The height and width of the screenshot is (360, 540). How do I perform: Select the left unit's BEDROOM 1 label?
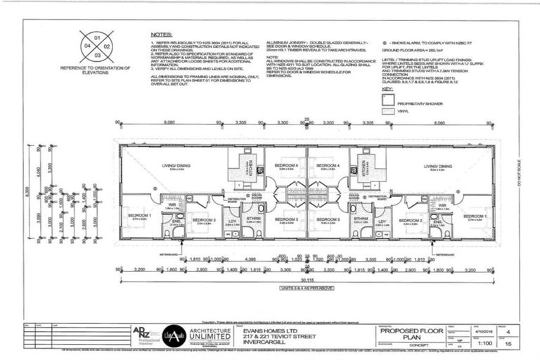[x=139, y=216]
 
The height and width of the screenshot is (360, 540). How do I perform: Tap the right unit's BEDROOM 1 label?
[x=476, y=216]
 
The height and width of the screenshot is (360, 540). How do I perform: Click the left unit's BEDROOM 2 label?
[x=204, y=220]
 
